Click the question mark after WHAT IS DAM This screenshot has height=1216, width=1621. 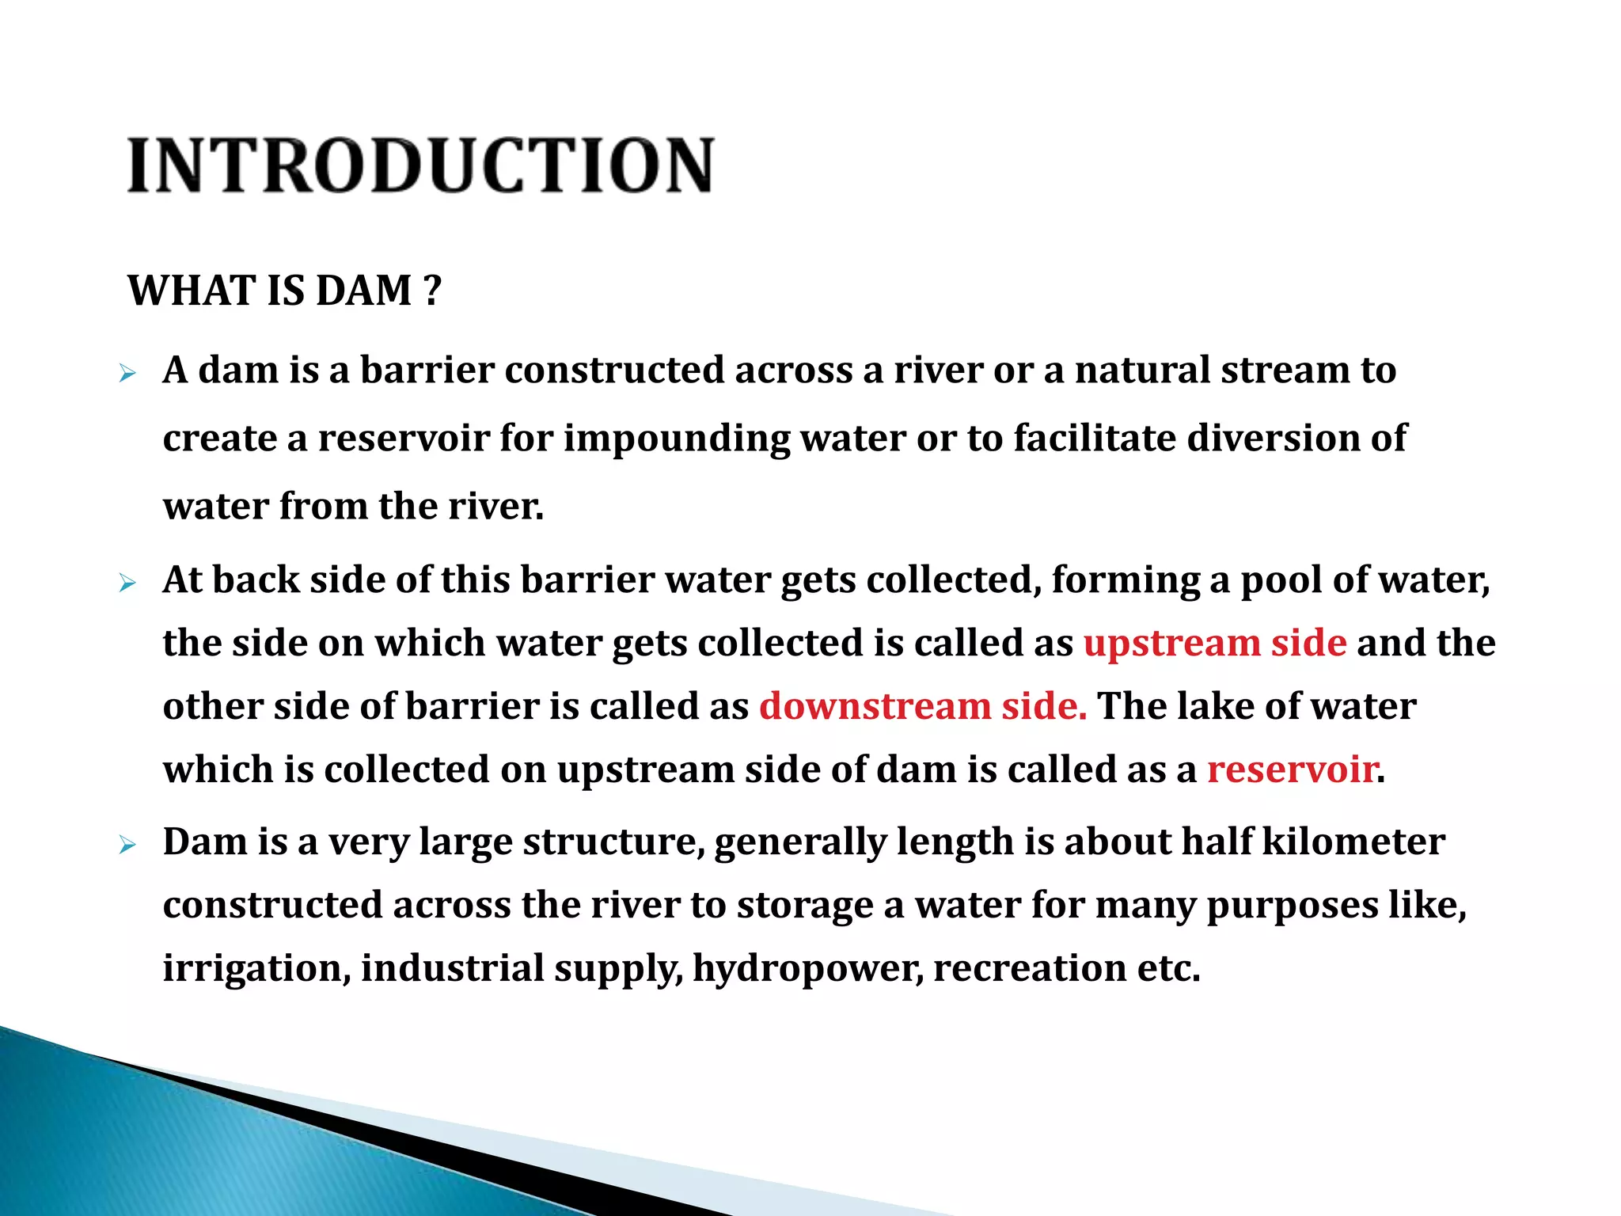pyautogui.click(x=431, y=291)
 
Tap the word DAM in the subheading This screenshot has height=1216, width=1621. pyautogui.click(x=363, y=291)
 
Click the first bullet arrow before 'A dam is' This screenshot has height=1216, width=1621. pyautogui.click(x=127, y=373)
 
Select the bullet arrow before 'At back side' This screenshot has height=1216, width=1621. pyautogui.click(x=127, y=584)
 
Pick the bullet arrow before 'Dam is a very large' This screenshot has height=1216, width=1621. pyautogui.click(x=127, y=845)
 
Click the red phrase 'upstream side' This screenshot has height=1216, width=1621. pyautogui.click(x=1214, y=643)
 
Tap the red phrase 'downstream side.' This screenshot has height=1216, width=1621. pyautogui.click(x=923, y=706)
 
